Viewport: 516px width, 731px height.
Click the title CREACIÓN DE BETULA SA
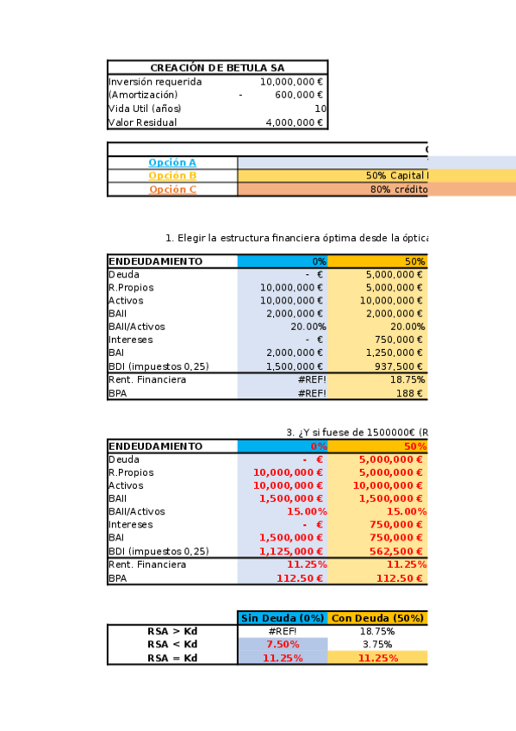217,68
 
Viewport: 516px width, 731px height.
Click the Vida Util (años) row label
145,109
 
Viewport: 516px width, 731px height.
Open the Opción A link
172,162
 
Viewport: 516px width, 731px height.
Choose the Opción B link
172,176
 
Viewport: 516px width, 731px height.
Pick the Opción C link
172,190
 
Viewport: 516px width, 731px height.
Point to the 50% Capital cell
396,176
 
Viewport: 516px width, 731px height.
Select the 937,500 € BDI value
398,366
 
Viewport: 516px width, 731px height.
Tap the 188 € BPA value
409,393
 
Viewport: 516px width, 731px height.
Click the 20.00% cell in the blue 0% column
305,327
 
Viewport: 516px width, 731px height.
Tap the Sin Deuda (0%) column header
283,618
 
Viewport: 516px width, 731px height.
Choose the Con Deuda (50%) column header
377,618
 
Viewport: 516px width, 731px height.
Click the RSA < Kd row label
172,645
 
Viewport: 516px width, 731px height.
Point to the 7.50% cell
283,645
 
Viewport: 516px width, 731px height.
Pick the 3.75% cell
377,645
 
